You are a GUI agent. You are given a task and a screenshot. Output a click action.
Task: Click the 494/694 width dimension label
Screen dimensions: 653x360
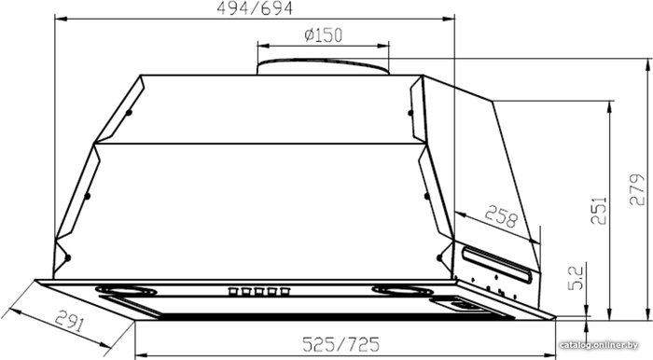(x=255, y=8)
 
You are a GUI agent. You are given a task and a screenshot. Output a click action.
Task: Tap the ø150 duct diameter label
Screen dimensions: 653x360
(x=323, y=35)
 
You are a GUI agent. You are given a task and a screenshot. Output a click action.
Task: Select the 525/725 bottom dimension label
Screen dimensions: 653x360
(x=341, y=344)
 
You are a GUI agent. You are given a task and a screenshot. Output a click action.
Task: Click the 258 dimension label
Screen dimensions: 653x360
(x=501, y=216)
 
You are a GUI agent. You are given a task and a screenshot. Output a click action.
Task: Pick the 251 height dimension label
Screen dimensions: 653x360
(x=599, y=210)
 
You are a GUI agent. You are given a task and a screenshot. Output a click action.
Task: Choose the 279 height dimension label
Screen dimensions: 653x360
(x=637, y=189)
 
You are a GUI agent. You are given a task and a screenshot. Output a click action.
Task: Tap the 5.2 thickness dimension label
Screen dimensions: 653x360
(x=577, y=278)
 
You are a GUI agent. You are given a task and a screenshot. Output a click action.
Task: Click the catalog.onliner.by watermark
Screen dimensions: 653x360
(x=599, y=345)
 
